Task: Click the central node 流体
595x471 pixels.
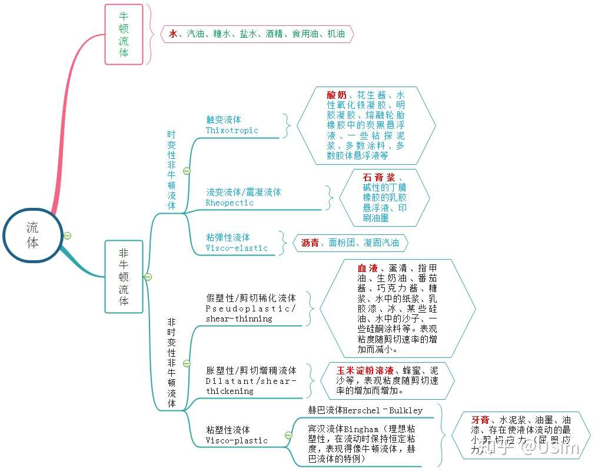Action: (x=32, y=235)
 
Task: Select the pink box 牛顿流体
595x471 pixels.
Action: (x=124, y=34)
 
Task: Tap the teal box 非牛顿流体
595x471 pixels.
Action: (x=124, y=276)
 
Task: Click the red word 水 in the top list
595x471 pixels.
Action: (x=172, y=34)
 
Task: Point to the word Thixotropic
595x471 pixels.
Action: (x=232, y=131)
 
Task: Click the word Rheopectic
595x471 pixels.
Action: (x=230, y=203)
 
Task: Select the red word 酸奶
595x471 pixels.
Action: (x=337, y=95)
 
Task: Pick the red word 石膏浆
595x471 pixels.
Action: (x=378, y=177)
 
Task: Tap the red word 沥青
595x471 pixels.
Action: (x=310, y=243)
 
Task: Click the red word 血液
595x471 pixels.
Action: (x=367, y=268)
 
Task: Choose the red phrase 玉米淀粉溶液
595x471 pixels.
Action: (x=365, y=371)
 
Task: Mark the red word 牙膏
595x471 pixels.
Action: (x=480, y=420)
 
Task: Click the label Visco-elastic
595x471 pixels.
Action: (x=237, y=248)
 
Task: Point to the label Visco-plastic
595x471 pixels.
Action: (x=237, y=440)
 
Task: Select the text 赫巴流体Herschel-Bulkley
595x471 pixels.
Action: (x=365, y=410)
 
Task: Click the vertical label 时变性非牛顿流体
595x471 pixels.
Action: (x=171, y=170)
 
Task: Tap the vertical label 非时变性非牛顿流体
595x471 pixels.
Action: (x=171, y=363)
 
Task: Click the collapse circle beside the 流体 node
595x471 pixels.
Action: (x=68, y=235)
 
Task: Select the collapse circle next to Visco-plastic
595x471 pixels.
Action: (x=288, y=435)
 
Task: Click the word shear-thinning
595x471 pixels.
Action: (x=239, y=319)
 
